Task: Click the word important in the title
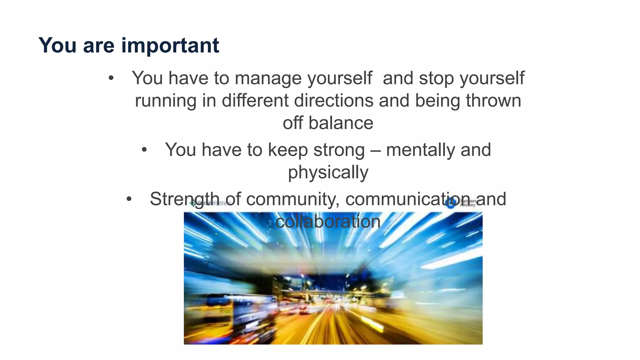[x=170, y=46]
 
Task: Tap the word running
[x=166, y=101]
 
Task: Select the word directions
[x=333, y=101]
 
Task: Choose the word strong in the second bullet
[x=339, y=150]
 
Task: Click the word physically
[x=328, y=172]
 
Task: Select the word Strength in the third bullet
[x=185, y=199]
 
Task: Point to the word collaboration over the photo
[x=328, y=222]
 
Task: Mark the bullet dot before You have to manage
[x=111, y=78]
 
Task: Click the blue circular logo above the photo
[x=451, y=203]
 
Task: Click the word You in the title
[x=57, y=46]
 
